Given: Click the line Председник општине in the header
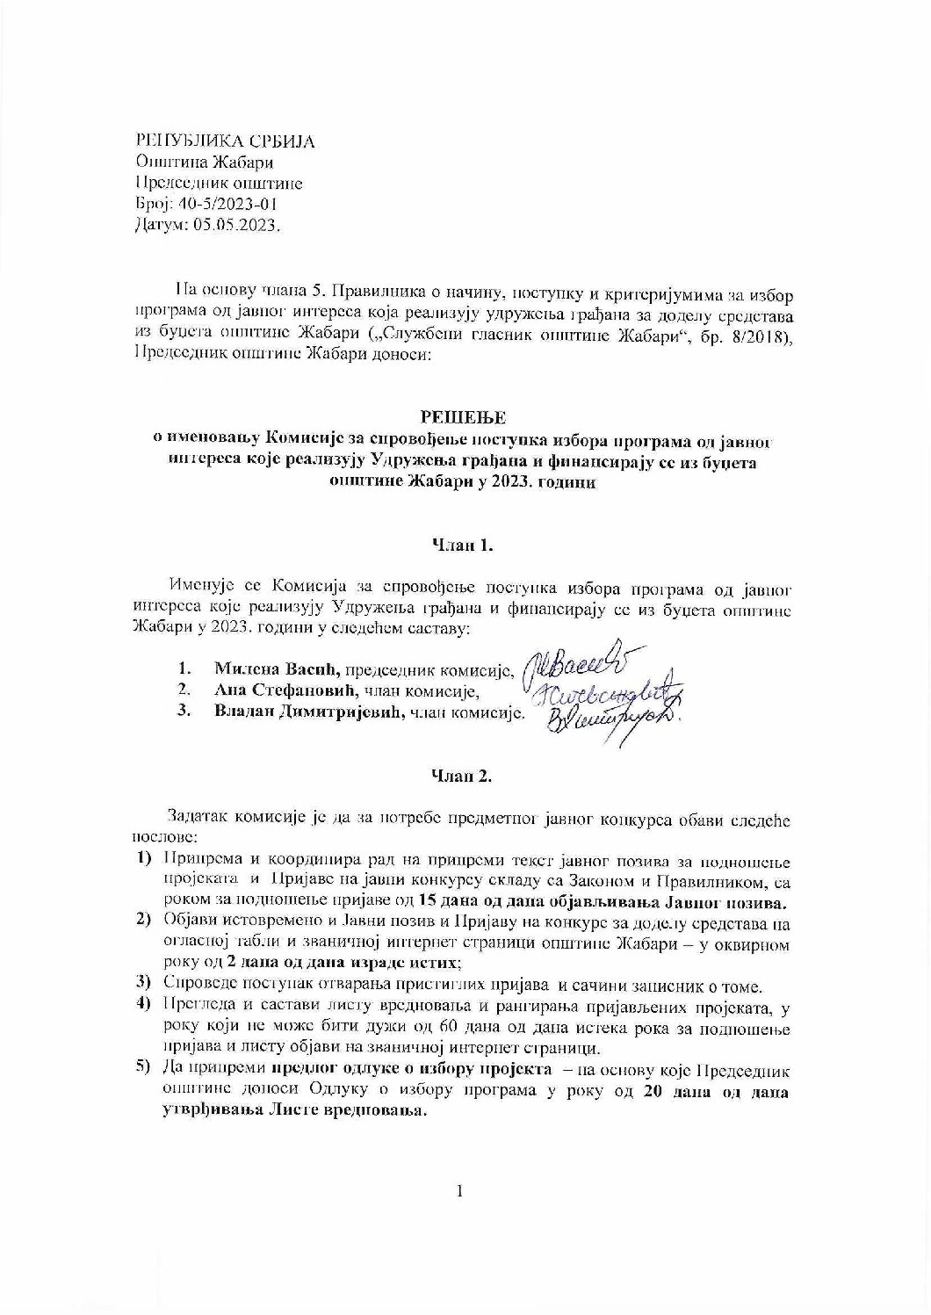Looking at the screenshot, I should click(x=219, y=183).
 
